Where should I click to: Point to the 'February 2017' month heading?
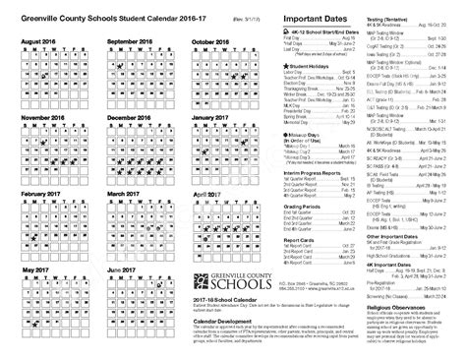[42, 195]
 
